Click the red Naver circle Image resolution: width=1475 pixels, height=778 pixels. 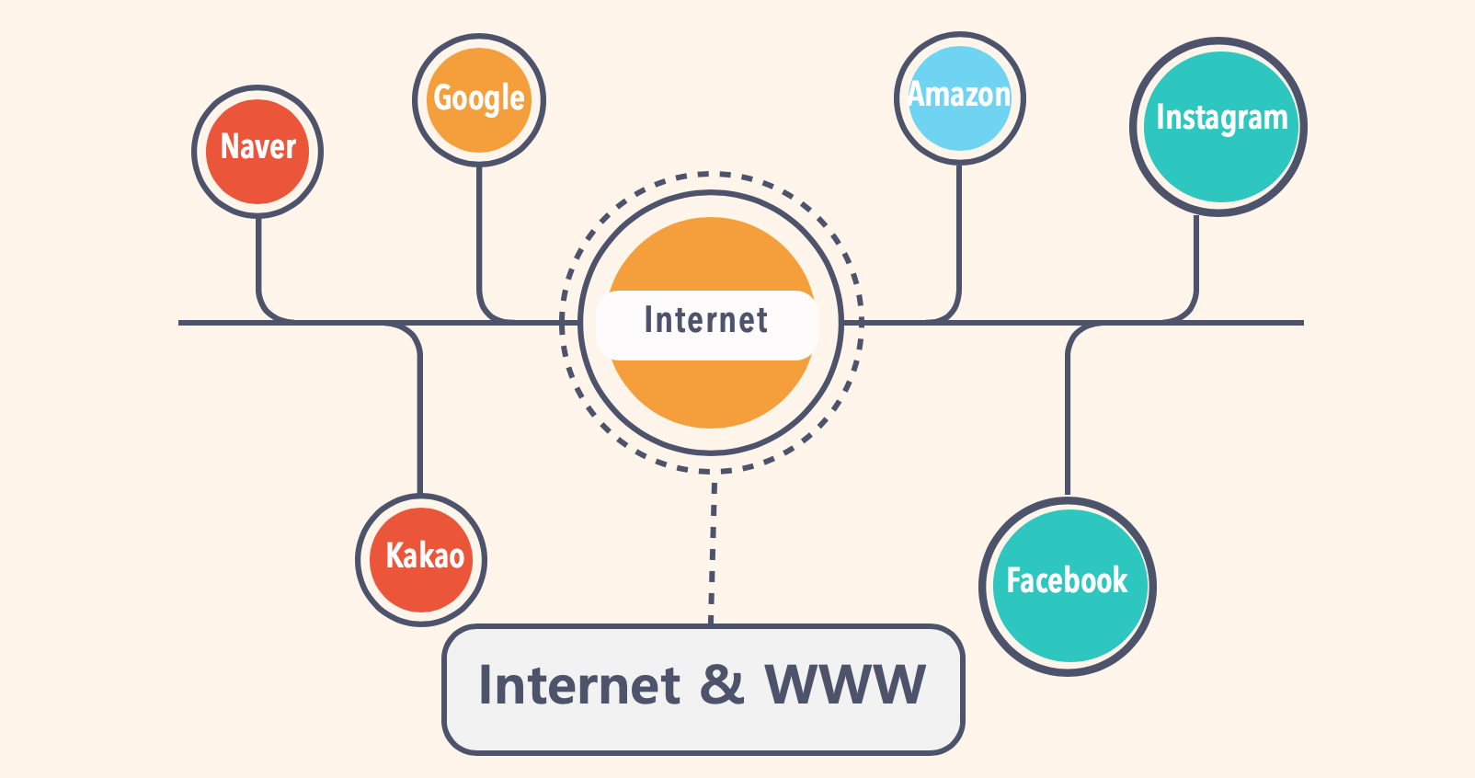pyautogui.click(x=257, y=152)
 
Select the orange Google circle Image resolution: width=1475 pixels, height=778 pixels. pyautogui.click(x=479, y=99)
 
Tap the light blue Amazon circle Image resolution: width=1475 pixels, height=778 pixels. pyautogui.click(x=959, y=98)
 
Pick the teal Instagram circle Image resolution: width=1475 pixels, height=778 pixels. pyautogui.click(x=1219, y=126)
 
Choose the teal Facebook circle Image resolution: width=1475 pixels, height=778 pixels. pyautogui.click(x=1068, y=587)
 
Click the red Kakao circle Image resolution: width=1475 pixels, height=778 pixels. pyautogui.click(x=421, y=560)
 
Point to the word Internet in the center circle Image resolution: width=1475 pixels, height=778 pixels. pyautogui.click(x=706, y=321)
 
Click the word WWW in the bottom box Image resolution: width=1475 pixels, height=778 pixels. pyautogui.click(x=844, y=685)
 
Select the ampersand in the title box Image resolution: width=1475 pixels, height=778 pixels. pyautogui.click(x=722, y=685)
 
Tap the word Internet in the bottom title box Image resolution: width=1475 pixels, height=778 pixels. pyautogui.click(x=579, y=685)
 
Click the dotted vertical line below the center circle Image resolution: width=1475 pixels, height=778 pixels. pyautogui.click(x=713, y=552)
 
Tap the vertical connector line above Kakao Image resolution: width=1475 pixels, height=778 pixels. pyautogui.click(x=420, y=414)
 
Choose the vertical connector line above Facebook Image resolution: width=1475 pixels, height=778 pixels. pyautogui.click(x=1068, y=414)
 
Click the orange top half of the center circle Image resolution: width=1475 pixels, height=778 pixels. pyautogui.click(x=711, y=253)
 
